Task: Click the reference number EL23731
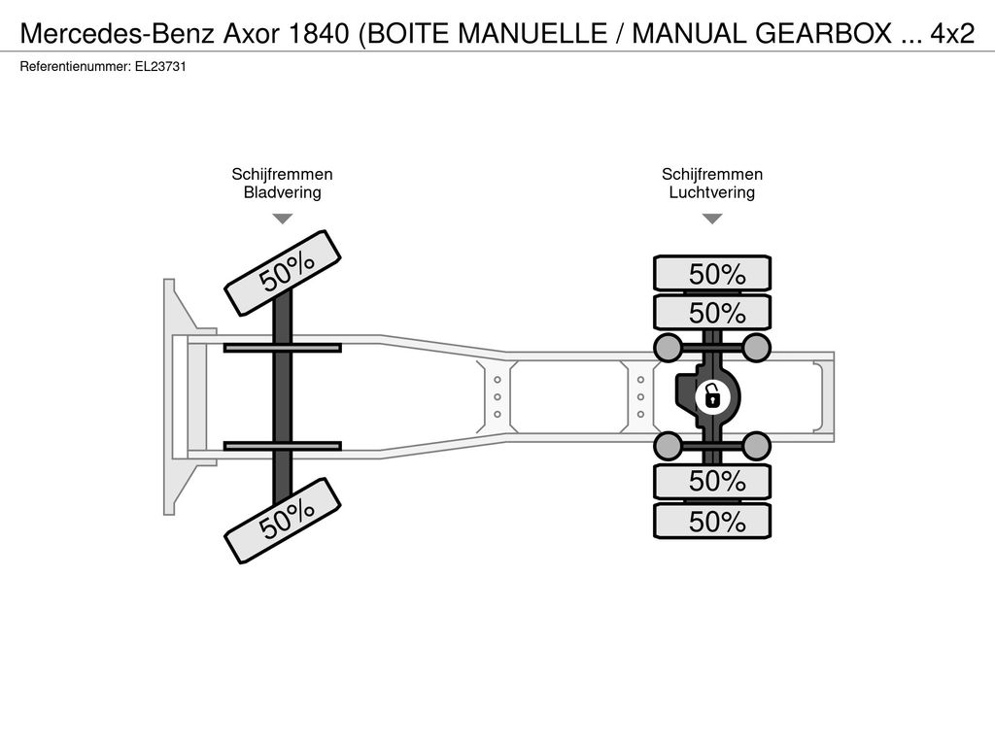click(x=160, y=67)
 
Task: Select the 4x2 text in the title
click(x=952, y=34)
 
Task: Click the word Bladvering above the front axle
click(x=283, y=192)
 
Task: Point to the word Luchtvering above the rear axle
click(x=712, y=192)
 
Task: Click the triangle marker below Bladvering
click(x=283, y=219)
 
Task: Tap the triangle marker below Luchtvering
click(x=712, y=219)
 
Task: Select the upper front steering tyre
click(x=283, y=270)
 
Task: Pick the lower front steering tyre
click(x=283, y=521)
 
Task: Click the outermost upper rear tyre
click(x=712, y=274)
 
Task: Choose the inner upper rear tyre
click(x=712, y=312)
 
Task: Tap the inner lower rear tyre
click(x=712, y=482)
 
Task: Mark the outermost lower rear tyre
click(x=712, y=522)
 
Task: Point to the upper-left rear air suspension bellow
click(x=669, y=347)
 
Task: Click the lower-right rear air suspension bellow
click(x=756, y=447)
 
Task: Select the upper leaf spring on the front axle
click(x=283, y=348)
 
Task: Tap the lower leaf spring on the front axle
click(x=283, y=446)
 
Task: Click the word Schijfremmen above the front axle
click(x=283, y=174)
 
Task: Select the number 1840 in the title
click(x=319, y=34)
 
